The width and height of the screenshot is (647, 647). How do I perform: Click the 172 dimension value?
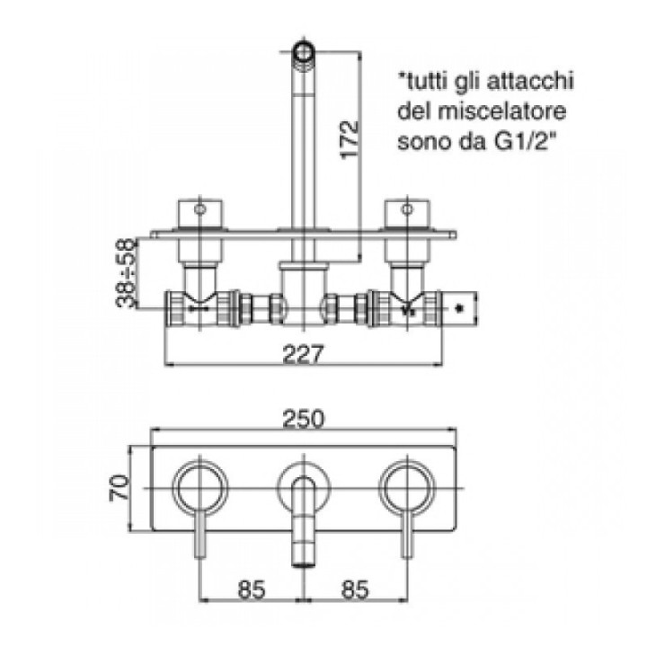pyautogui.click(x=349, y=139)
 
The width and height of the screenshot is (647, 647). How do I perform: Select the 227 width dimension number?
pyautogui.click(x=304, y=354)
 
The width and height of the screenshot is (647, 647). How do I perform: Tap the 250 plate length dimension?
pyautogui.click(x=304, y=419)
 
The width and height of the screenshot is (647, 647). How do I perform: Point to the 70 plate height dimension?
pyautogui.click(x=120, y=488)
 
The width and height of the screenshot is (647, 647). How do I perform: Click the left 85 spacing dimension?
pyautogui.click(x=252, y=589)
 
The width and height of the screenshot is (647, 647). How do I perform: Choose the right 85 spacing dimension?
pyautogui.click(x=355, y=589)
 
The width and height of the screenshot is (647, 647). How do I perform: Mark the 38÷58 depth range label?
pyautogui.click(x=126, y=272)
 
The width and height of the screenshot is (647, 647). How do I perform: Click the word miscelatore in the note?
pyautogui.click(x=501, y=111)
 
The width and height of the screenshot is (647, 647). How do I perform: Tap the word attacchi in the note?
pyautogui.click(x=530, y=81)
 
